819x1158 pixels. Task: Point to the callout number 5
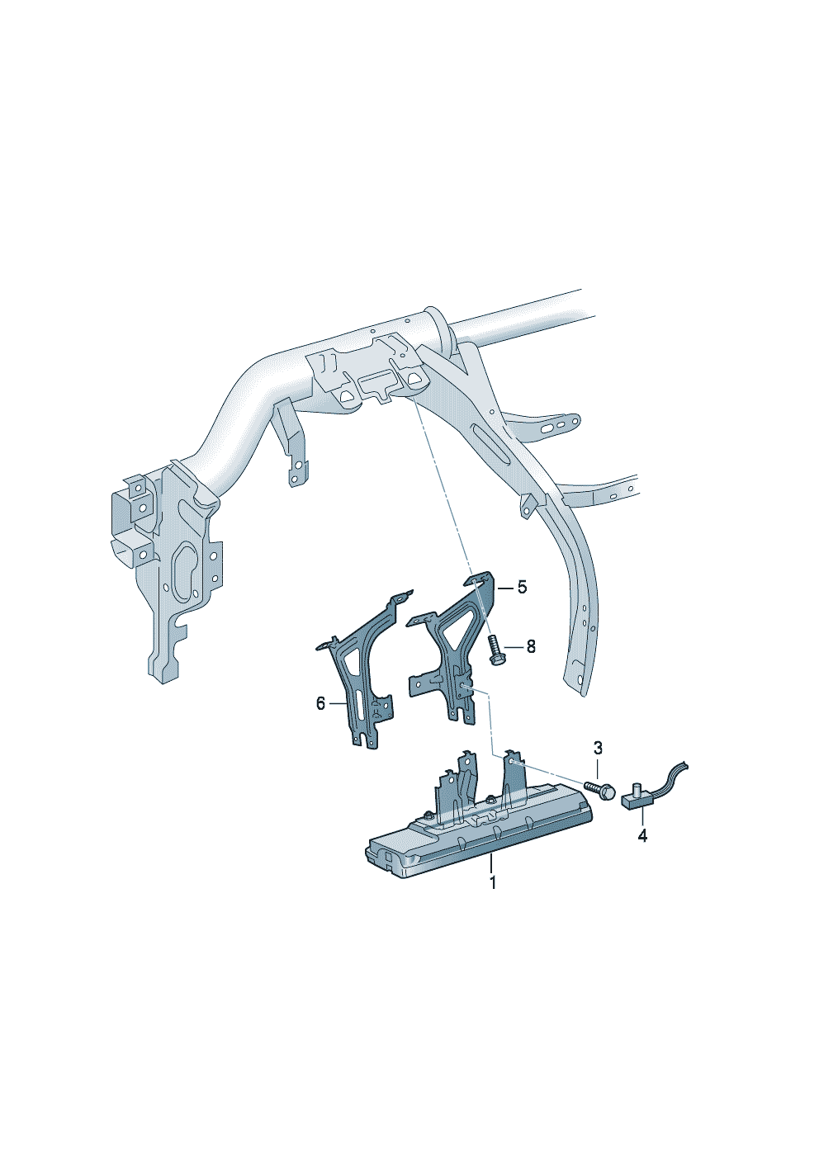522,588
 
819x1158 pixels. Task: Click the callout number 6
320,703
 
